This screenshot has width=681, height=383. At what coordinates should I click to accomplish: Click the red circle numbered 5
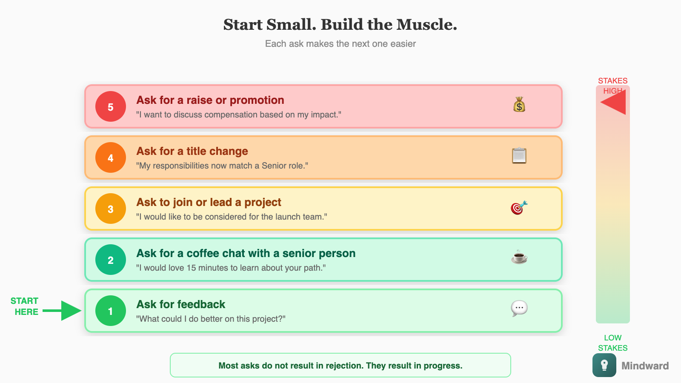coord(111,106)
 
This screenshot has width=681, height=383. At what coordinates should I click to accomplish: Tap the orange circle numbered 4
coord(111,157)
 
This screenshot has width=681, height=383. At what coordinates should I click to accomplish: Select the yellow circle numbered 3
coord(111,209)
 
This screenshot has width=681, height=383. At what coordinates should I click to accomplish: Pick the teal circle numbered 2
coord(111,260)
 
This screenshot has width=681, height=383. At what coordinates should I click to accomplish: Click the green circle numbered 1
coord(111,311)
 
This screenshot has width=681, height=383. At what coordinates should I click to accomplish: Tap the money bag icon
coord(519,105)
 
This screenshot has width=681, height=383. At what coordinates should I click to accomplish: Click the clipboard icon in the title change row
coord(519,156)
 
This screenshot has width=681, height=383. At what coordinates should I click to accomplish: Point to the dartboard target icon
coord(519,208)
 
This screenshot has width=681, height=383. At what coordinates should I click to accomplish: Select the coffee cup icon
coord(519,257)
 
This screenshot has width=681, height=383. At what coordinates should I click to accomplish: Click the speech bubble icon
coord(519,309)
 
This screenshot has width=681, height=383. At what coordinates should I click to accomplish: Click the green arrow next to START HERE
coord(64,311)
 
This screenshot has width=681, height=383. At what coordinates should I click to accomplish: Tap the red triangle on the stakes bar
coord(614,103)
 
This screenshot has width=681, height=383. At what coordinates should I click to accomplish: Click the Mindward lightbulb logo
coord(604,365)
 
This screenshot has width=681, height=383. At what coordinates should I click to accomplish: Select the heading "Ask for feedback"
coord(181,304)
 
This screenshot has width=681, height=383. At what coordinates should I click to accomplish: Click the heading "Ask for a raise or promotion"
coord(210,100)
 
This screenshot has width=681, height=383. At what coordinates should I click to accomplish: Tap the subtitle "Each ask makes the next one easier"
coord(340,44)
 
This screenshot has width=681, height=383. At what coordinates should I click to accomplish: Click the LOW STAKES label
coord(613,343)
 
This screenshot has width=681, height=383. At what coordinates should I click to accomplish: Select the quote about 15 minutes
coord(231,268)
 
